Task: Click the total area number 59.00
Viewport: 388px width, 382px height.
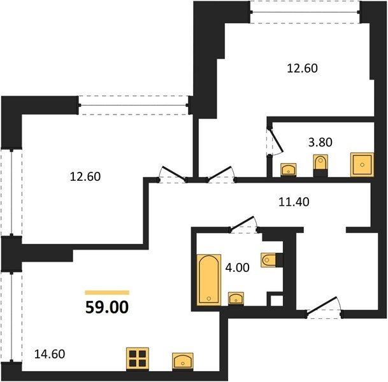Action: [107, 308]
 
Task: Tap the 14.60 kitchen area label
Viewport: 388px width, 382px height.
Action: [50, 354]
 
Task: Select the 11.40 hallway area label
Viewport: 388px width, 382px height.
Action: [294, 202]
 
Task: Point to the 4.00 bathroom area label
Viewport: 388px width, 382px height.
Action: [238, 268]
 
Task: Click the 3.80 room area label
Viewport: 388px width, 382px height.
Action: [320, 143]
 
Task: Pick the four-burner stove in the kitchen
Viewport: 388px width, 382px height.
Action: [138, 358]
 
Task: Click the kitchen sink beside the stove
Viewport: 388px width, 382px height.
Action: [183, 361]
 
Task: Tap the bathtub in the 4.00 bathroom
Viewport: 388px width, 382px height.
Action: [209, 279]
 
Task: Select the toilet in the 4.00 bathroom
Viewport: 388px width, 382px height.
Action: [269, 260]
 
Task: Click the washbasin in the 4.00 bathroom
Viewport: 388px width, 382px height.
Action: [236, 298]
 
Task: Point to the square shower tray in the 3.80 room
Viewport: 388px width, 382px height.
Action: [362, 165]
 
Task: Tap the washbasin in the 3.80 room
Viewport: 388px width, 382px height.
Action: [288, 169]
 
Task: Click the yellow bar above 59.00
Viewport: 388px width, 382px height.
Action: [107, 292]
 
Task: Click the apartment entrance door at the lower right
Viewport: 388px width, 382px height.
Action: [324, 308]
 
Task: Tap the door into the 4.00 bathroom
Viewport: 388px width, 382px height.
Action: [244, 225]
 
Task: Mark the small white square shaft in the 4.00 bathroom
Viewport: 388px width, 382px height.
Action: [277, 301]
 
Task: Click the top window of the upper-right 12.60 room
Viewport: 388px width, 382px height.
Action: [305, 12]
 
